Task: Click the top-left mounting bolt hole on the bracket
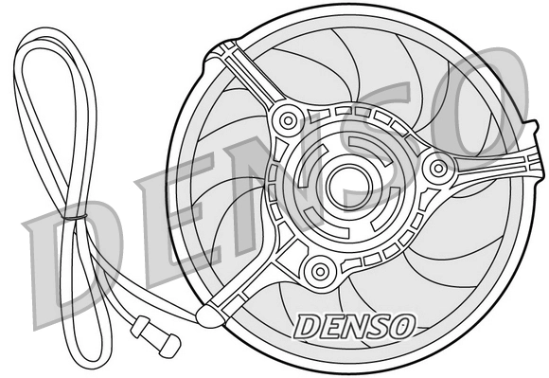pos(288,120)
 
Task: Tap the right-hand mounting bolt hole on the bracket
pos(437,169)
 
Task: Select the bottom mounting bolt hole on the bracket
pos(321,271)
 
